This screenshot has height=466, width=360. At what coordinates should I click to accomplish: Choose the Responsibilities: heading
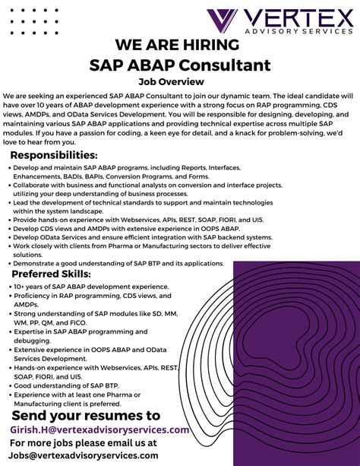tap(59, 155)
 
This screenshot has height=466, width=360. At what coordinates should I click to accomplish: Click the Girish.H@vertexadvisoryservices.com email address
tap(99, 430)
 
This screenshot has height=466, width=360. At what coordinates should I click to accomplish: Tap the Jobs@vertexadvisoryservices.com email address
tap(84, 455)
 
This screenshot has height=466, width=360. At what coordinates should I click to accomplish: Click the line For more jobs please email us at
tap(84, 442)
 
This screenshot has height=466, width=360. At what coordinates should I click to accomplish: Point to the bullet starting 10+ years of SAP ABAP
tap(81, 287)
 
